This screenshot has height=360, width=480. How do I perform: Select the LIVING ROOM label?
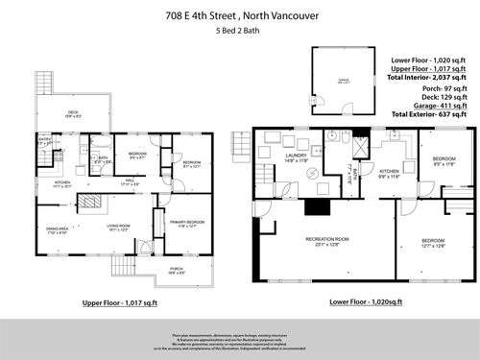[x=119, y=228]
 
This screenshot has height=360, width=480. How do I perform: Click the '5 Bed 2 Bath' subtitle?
[x=238, y=32]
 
